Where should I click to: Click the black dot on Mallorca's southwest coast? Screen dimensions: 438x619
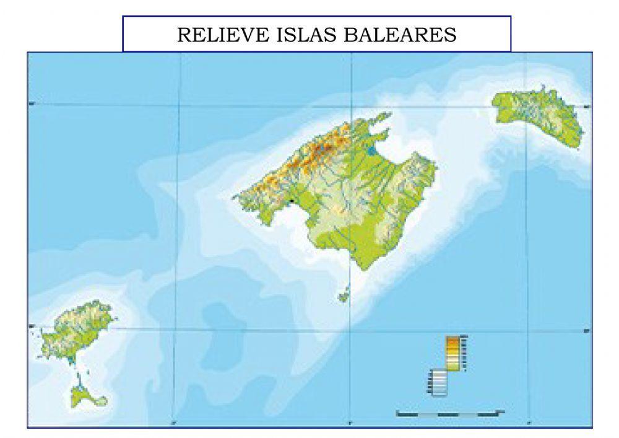291,201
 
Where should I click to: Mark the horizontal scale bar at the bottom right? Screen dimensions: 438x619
449,411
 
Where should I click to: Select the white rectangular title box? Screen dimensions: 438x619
316,34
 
